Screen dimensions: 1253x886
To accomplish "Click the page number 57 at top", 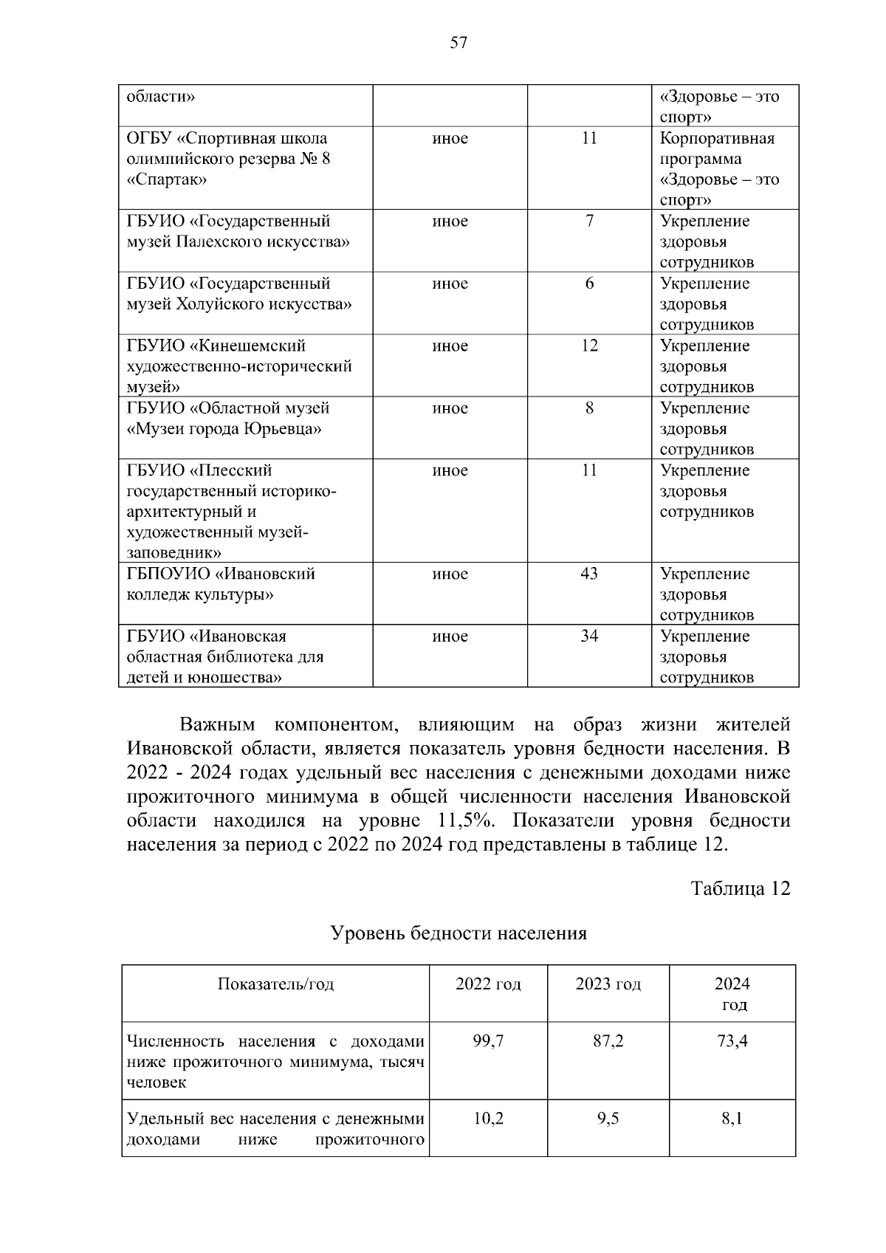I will point(459,43).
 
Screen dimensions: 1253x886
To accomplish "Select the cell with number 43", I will point(589,574).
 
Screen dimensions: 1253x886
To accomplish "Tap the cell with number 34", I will point(589,636).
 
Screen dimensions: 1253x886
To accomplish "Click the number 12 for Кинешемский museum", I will point(589,346).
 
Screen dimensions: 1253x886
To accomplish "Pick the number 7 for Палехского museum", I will point(589,221).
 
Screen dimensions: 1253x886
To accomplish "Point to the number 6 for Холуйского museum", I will point(589,284).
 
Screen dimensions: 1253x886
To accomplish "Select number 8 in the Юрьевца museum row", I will point(589,408).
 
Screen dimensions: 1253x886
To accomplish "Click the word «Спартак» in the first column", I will point(167,179).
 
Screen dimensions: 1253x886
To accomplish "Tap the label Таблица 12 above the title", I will point(740,888).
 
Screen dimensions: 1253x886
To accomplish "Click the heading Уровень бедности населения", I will point(458,933).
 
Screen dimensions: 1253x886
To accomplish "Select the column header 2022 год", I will point(488,984).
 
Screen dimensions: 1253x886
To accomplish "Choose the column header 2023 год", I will point(608,984).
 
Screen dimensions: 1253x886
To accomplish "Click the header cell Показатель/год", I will point(275,984).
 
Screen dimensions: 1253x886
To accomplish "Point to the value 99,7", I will point(488,1041).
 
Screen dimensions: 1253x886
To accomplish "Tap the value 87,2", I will point(608,1041).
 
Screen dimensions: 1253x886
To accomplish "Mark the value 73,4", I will point(732,1041).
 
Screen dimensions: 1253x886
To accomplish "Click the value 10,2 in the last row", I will point(488,1119).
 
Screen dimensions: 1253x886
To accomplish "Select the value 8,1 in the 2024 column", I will point(732,1119).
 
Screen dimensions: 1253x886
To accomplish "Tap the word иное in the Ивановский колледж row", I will point(450,574).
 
